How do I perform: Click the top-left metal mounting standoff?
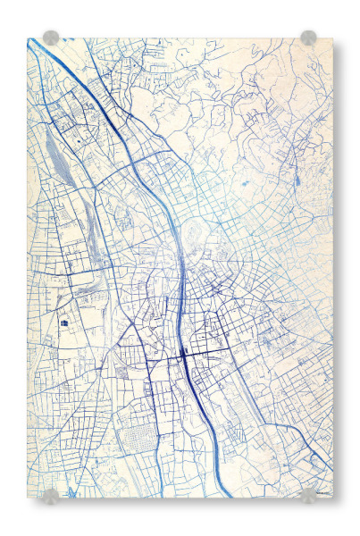(x=51, y=38)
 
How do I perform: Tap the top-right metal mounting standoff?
(x=308, y=38)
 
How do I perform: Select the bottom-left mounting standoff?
(x=51, y=495)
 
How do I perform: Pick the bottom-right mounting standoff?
(x=308, y=495)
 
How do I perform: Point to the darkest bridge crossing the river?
(x=184, y=353)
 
